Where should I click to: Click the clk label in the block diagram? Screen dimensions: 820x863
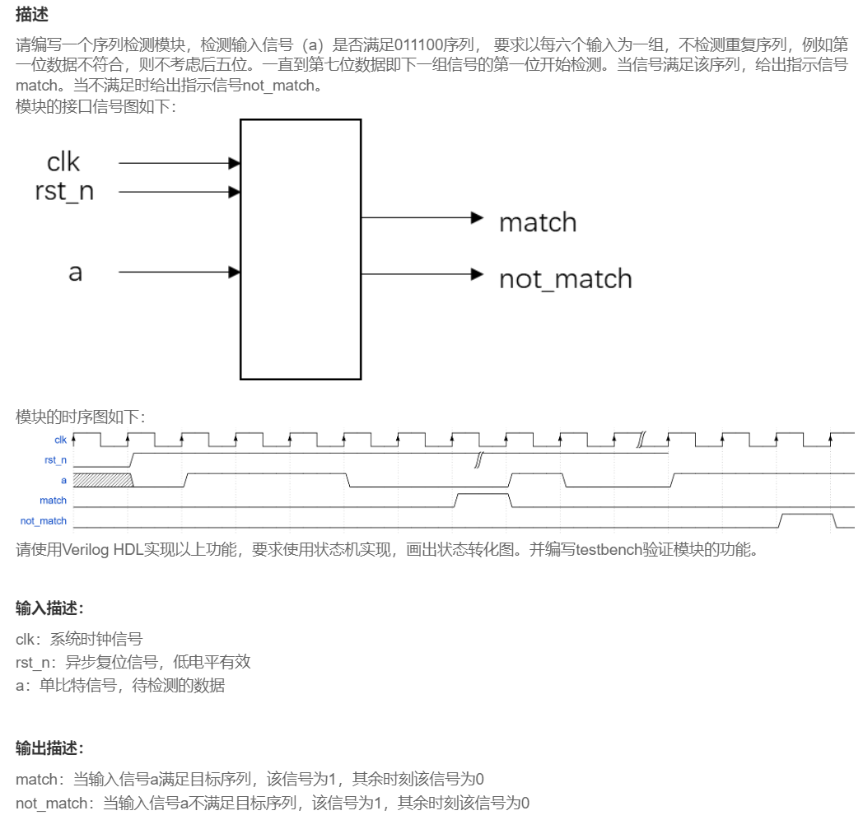tap(63, 162)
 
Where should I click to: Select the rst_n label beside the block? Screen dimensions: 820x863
tap(63, 192)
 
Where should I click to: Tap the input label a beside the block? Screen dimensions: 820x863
tap(75, 272)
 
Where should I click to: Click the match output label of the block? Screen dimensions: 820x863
tap(538, 222)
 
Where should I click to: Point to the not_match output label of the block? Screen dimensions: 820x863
tap(565, 279)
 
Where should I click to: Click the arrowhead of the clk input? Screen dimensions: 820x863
tap(235, 164)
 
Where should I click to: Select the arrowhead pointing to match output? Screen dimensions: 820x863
tap(476, 218)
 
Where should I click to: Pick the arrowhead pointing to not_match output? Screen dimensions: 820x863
tap(476, 274)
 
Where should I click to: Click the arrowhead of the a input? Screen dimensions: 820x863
tap(235, 272)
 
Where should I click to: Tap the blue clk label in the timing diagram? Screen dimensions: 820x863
tap(60, 440)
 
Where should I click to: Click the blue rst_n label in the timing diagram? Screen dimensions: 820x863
tap(55, 460)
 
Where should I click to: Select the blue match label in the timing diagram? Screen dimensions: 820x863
tap(53, 501)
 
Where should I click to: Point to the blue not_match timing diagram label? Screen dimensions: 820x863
tap(44, 520)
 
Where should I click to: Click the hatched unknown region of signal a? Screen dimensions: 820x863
tap(102, 480)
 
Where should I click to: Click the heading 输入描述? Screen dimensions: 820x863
tap(50, 608)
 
